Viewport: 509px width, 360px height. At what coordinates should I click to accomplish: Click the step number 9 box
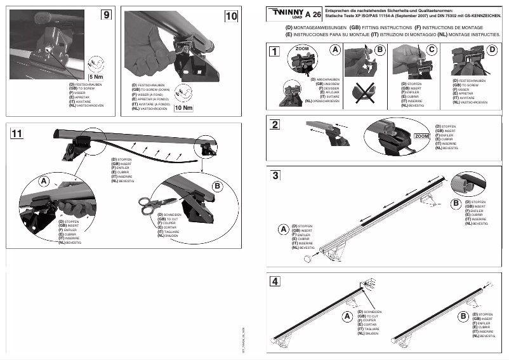(x=106, y=16)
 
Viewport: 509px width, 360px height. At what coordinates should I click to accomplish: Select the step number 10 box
(x=230, y=16)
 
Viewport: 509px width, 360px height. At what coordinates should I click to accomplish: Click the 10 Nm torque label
(x=183, y=107)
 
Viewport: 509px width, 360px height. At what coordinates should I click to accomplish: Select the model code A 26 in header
(x=312, y=15)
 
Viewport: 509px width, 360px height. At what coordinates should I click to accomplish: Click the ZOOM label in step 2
(x=421, y=136)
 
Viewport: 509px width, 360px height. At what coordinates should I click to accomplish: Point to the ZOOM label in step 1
(x=302, y=48)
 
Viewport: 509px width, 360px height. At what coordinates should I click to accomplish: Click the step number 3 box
(x=274, y=175)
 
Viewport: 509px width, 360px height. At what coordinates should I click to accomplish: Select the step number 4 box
(x=274, y=281)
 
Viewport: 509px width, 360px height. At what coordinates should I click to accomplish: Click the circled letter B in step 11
(x=218, y=185)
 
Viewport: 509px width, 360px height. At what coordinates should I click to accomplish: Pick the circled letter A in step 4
(x=347, y=316)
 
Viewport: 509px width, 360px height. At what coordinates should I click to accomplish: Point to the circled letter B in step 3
(x=455, y=203)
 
